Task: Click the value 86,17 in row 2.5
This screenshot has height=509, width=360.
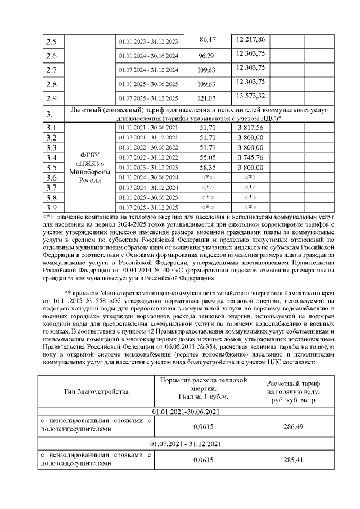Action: (208, 40)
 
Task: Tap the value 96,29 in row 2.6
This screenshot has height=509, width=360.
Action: (208, 56)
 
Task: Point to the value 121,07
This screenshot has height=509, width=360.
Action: (208, 98)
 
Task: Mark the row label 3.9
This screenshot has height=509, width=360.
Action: (51, 208)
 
